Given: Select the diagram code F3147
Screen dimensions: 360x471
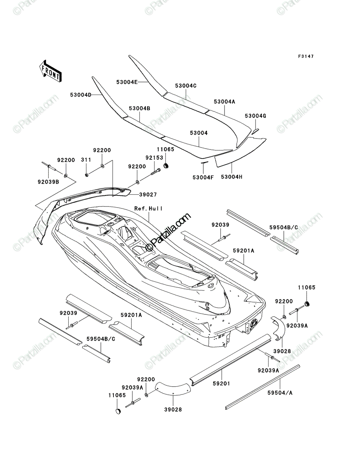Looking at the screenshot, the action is tap(306, 56).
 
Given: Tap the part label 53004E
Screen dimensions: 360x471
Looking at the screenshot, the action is tap(127, 82).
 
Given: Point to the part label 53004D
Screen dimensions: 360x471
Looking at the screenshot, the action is tap(80, 95).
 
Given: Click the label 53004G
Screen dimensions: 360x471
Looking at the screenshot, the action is tap(255, 116).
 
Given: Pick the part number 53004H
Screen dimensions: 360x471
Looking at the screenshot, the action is tap(232, 177).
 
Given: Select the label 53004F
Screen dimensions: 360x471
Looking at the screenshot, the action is tap(203, 177).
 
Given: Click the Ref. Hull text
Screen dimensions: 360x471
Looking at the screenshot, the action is tap(148, 208).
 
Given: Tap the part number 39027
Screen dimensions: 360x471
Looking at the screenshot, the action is tap(148, 195).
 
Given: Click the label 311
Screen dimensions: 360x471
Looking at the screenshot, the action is tap(86, 160).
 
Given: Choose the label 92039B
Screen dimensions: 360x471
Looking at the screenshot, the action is tap(48, 182).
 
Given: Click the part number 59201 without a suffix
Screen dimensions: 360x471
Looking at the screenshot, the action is tap(221, 383).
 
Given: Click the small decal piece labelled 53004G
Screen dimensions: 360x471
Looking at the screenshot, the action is tap(256, 131).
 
